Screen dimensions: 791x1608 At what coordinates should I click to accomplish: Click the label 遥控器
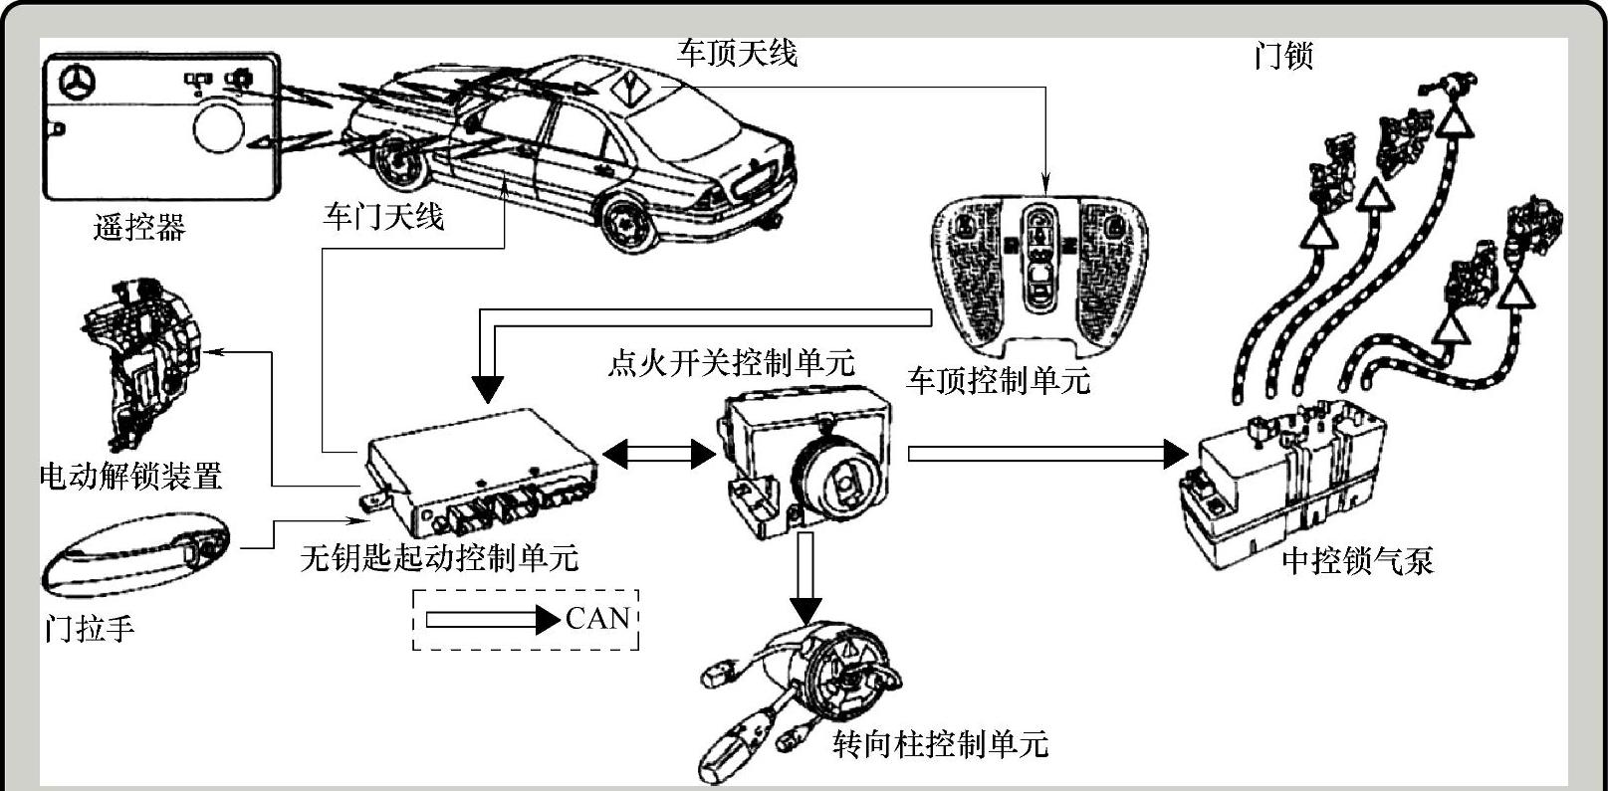pos(139,228)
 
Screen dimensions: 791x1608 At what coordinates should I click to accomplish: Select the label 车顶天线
pos(737,53)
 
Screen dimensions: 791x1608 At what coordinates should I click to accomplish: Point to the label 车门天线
pos(382,216)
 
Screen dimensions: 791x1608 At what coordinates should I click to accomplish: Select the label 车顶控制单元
pos(999,379)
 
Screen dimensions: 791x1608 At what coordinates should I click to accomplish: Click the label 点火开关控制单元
pos(731,363)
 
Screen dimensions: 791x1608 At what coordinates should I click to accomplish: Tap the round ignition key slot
pos(842,482)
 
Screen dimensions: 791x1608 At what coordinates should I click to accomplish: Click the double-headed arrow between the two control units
pos(659,455)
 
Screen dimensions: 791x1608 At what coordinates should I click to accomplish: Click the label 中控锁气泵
pos(1357,561)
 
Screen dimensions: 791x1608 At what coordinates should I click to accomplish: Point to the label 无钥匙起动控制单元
pos(439,557)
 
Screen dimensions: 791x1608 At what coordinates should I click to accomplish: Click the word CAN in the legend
pos(597,619)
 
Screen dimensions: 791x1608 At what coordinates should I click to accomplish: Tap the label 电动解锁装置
pos(130,476)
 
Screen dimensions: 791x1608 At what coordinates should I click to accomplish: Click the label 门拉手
pos(90,629)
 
